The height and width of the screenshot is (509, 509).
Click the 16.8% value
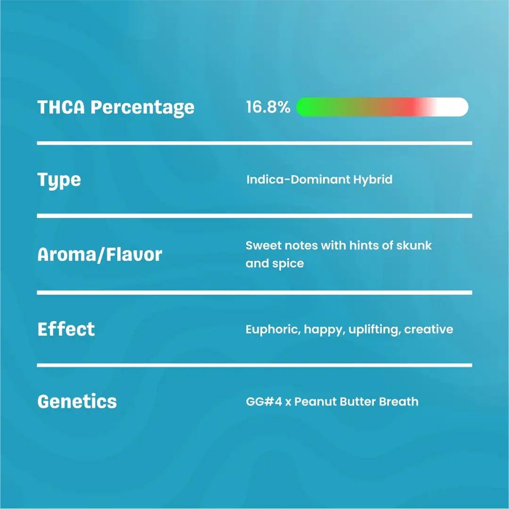tap(268, 107)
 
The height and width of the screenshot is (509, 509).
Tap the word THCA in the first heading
tap(61, 107)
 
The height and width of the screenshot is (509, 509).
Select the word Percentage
tap(142, 108)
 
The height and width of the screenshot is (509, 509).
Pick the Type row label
tap(59, 181)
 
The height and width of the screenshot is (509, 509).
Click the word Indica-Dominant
tap(298, 179)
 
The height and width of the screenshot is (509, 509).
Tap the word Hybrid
tap(373, 180)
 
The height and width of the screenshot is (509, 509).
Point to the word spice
tap(288, 263)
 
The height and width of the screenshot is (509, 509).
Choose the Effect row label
tap(66, 329)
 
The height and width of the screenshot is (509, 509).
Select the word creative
tap(429, 329)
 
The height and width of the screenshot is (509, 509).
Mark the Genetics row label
tap(77, 402)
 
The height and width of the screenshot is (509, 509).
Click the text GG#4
tap(264, 402)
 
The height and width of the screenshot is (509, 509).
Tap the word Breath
tap(399, 402)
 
